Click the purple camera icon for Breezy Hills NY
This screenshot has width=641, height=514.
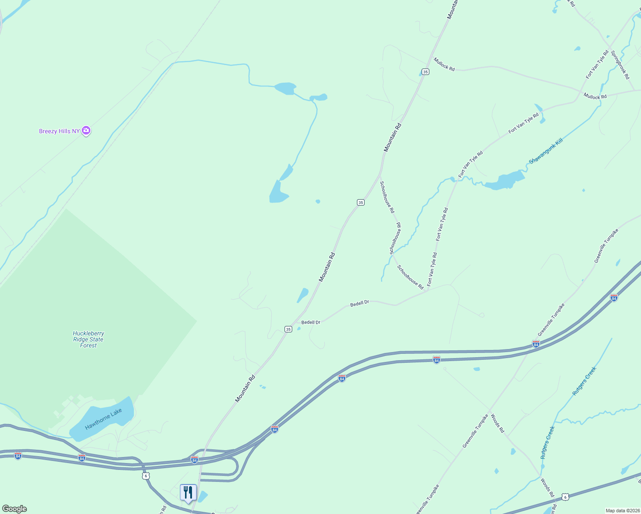pos(86,131)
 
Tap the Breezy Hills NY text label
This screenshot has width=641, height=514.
pos(59,131)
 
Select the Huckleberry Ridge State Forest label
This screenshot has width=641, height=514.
pos(88,339)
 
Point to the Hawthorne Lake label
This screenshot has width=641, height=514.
pos(103,419)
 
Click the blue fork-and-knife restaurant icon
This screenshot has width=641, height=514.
pos(188,493)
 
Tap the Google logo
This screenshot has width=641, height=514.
pos(14,509)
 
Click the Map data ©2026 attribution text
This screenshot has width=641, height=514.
pos(622,511)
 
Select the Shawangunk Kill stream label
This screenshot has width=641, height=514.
pos(545,151)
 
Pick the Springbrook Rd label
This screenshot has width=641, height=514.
pos(620,65)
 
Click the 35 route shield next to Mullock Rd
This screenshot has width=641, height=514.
pos(425,72)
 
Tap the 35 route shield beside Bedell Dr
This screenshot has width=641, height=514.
pos(288,329)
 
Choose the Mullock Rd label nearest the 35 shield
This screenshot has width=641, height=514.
pos(444,64)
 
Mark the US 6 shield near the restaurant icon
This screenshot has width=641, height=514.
pos(146,476)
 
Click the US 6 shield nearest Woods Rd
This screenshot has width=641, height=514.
pos(566,497)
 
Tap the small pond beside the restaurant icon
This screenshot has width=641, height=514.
pos(202,496)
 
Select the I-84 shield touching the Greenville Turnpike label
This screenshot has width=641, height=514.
pos(536,344)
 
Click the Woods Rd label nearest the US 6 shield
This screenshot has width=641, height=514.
pos(547,487)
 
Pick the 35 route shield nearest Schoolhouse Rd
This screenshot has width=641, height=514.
pos(361,202)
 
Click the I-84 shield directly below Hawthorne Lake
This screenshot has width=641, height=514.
pos(82,458)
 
